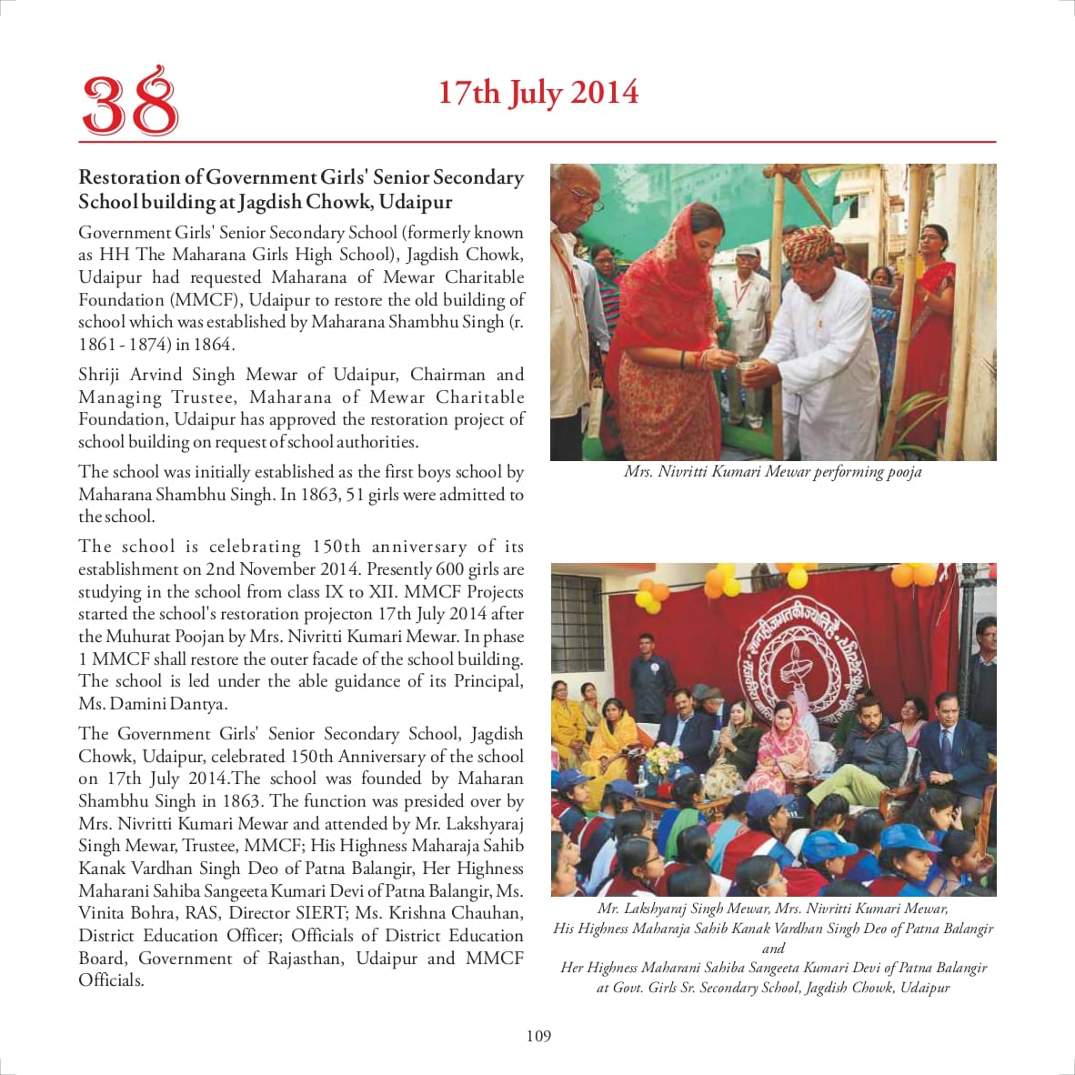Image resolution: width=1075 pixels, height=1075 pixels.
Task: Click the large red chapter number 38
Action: coord(130,102)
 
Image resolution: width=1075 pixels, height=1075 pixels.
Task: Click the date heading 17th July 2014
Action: coord(538,93)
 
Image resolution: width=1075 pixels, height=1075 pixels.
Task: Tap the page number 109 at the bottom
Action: coord(538,1036)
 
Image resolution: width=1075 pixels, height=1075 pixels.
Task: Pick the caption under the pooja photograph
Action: coord(772,472)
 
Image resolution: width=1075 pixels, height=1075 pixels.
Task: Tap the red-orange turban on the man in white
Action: coord(808,243)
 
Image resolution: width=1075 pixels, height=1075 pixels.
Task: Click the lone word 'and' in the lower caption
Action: coord(773,948)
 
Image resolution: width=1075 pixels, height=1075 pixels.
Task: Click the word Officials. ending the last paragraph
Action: coord(111,980)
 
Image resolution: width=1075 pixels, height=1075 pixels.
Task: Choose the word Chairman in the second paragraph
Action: coord(447,375)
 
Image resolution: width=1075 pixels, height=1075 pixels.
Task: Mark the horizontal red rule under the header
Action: coord(537,142)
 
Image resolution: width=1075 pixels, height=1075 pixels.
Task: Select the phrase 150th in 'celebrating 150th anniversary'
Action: coord(336,547)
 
